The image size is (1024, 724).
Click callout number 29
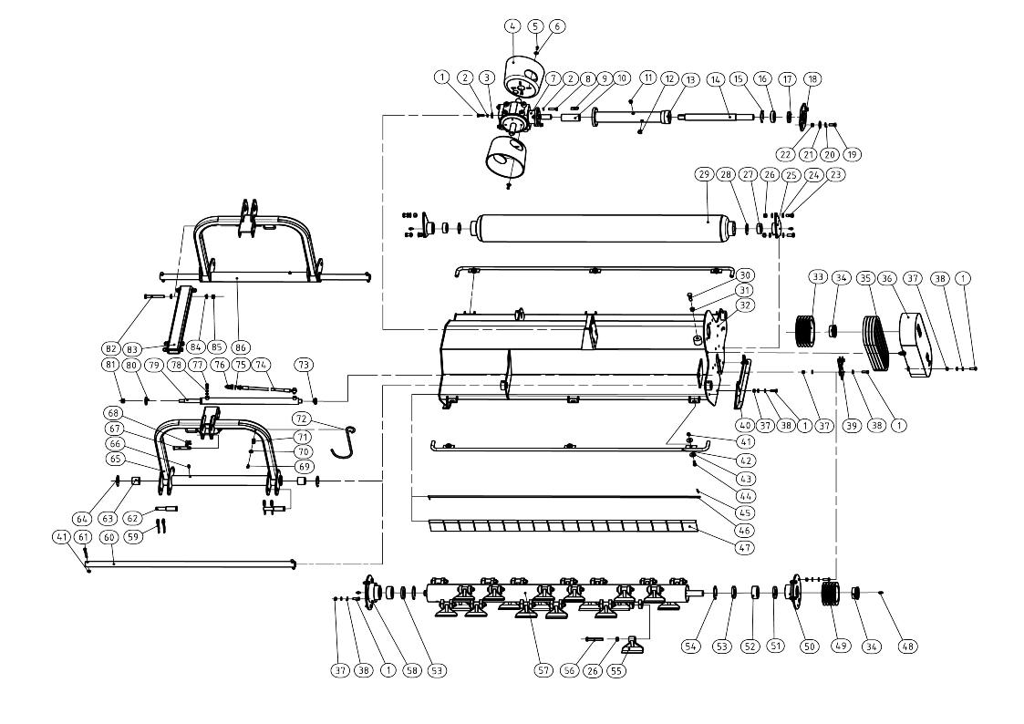tap(702, 173)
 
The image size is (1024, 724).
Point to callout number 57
tap(543, 670)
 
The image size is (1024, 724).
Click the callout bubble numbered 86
tap(242, 347)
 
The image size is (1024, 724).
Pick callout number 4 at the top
tap(512, 26)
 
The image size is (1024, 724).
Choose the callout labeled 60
tap(109, 537)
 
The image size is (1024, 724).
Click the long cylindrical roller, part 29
tap(593, 225)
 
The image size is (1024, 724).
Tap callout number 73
tap(305, 365)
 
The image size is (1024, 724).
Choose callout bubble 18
tap(811, 78)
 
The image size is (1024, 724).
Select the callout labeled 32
tap(747, 305)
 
